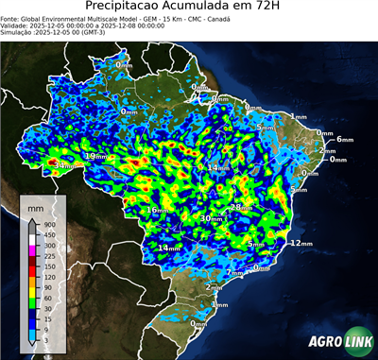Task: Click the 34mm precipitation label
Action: (x=62, y=166)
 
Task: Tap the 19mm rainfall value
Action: (x=95, y=156)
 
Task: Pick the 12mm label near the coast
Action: (x=301, y=243)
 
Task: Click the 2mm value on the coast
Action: (x=327, y=151)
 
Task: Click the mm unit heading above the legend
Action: (x=35, y=204)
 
